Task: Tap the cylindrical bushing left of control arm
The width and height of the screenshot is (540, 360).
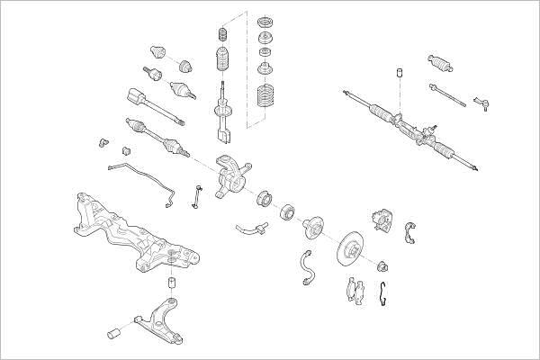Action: [115, 334]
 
